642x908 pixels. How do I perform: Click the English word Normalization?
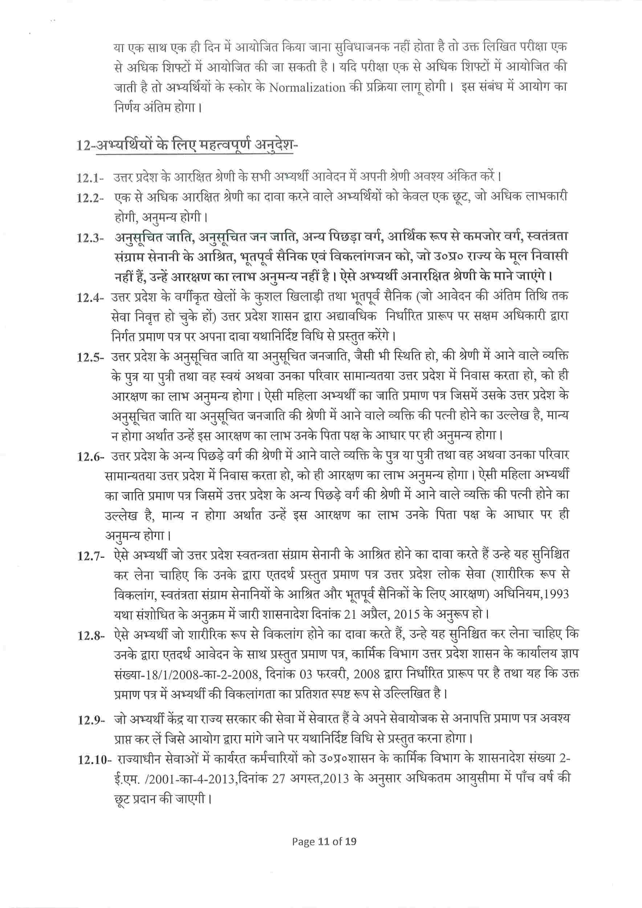pos(307,88)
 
